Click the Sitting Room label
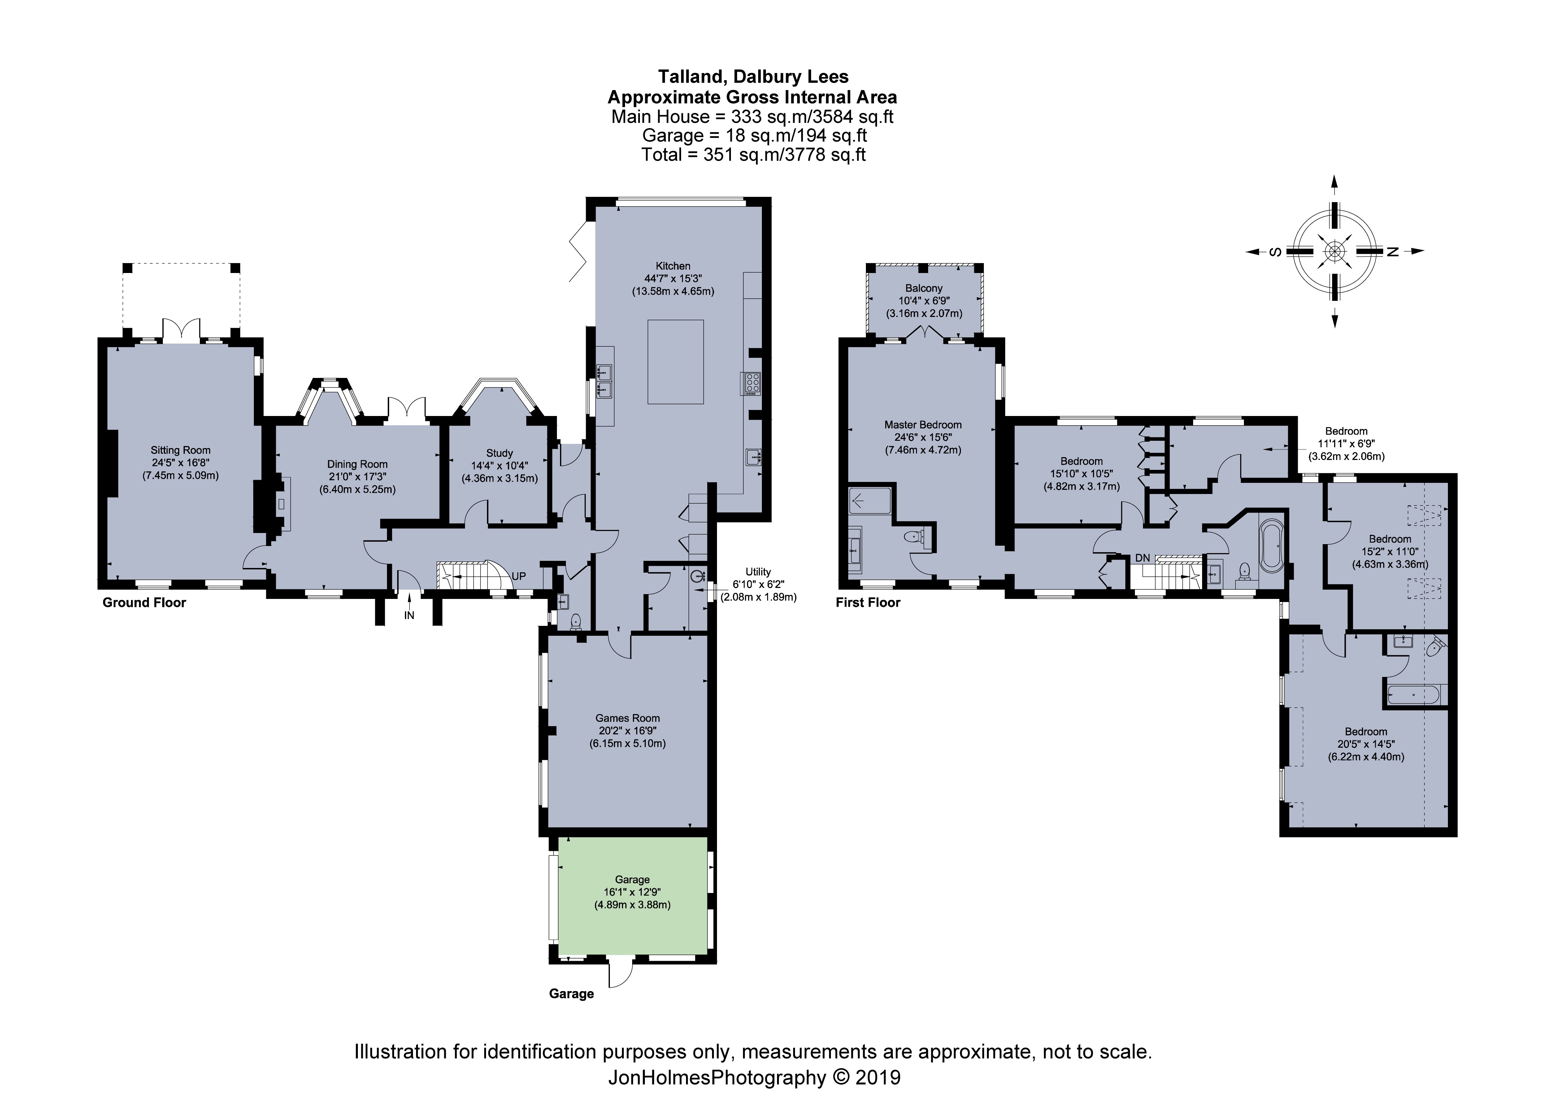(x=180, y=450)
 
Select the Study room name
(x=499, y=453)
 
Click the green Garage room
(x=632, y=906)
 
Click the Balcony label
(x=924, y=288)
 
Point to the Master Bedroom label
(x=923, y=424)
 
